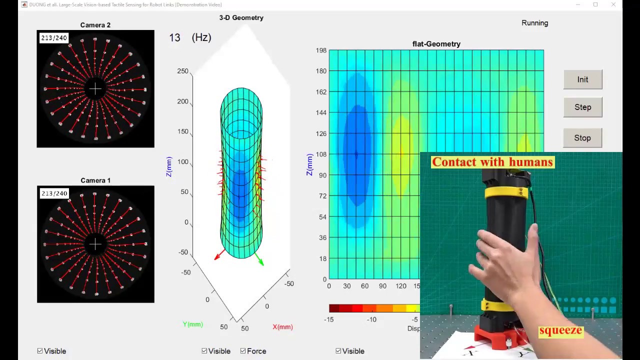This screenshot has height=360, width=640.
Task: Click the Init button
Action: click(582, 79)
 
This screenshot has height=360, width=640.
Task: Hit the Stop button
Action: click(582, 138)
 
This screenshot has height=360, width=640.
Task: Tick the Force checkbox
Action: click(243, 351)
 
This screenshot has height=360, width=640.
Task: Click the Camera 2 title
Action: click(95, 25)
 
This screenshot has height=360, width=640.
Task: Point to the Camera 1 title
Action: click(95, 180)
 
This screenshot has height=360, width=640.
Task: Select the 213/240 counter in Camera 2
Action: click(53, 38)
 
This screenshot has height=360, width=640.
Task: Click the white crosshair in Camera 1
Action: click(95, 244)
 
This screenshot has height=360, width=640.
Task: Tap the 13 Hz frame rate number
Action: click(174, 37)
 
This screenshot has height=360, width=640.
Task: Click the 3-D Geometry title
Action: click(241, 17)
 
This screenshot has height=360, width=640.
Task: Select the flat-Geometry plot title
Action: click(436, 44)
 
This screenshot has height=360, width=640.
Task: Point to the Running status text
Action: click(534, 23)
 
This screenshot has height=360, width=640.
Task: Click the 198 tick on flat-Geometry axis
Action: click(321, 50)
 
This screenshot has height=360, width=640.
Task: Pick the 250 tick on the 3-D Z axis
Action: click(182, 71)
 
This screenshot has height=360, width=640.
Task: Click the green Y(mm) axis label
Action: click(192, 324)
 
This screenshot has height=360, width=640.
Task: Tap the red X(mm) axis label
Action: click(282, 327)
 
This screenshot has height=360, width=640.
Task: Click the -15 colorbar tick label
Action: click(328, 319)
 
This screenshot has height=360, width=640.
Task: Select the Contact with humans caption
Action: click(492, 162)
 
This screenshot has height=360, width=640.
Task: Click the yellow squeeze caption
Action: click(560, 330)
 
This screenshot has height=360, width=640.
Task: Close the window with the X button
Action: click(613, 5)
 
